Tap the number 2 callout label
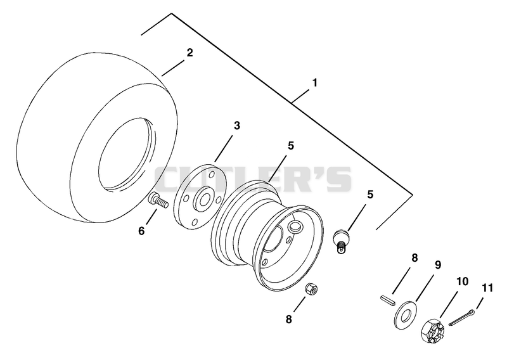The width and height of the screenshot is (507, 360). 189,53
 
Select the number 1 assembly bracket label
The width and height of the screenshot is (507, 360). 314,83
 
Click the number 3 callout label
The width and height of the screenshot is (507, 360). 237,125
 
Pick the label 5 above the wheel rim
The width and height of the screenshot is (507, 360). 291,146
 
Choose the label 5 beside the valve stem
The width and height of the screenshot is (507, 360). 370,195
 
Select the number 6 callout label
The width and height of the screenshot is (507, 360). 141,231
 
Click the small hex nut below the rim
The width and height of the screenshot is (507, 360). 312,288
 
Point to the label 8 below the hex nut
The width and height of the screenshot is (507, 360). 288,319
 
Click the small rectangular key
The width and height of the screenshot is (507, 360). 387,299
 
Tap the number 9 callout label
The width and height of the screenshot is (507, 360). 438,265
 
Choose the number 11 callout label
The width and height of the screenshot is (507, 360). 487,288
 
